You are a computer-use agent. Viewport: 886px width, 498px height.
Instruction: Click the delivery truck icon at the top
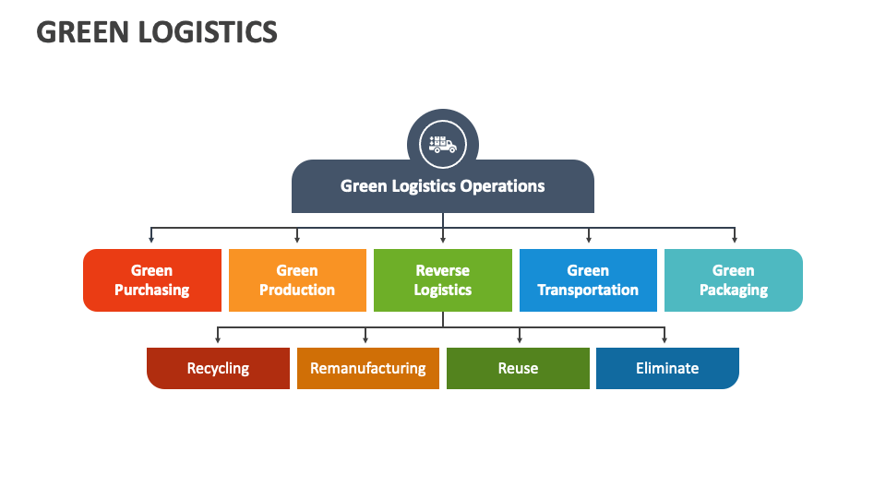coord(442,145)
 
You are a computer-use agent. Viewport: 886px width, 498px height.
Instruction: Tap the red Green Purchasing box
coord(152,280)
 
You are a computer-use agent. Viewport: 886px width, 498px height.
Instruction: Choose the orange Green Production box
coord(297,280)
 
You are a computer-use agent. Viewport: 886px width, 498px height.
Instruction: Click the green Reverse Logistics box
coord(442,280)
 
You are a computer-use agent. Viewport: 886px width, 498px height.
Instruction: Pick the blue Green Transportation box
coord(588,280)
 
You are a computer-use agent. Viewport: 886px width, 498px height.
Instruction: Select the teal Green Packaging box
coord(733,280)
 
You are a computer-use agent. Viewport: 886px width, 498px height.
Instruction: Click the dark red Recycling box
coord(218,368)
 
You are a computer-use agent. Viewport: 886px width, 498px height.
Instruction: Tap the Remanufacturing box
coord(367,368)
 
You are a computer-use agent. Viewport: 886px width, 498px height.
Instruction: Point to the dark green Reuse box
coord(518,368)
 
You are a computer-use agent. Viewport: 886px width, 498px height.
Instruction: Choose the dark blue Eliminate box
coord(667,368)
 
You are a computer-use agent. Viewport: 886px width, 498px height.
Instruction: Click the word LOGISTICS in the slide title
coord(208,32)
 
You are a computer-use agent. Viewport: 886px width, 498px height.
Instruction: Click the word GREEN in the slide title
coord(83,32)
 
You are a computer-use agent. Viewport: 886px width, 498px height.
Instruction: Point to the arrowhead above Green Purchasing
coord(152,239)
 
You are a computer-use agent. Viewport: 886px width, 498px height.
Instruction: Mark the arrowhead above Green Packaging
coord(735,239)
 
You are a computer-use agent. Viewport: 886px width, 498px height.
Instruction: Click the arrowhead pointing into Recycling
coord(218,339)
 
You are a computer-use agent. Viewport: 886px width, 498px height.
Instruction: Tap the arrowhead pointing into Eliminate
coord(664,339)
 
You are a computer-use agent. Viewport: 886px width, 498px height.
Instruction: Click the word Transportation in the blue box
coord(588,290)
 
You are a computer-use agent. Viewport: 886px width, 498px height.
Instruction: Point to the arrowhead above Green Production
coord(297,239)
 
